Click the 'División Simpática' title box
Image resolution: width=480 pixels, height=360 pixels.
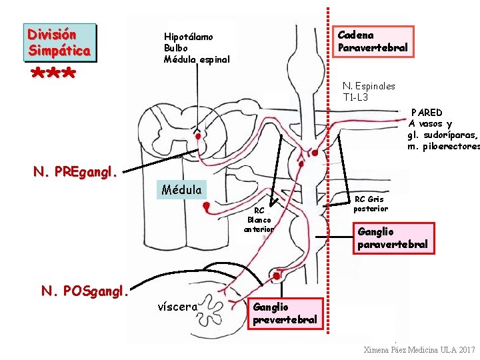pyautogui.click(x=60, y=42)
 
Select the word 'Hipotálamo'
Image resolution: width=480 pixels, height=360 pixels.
pyautogui.click(x=189, y=37)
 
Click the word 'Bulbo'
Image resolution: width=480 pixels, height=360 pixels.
pyautogui.click(x=176, y=48)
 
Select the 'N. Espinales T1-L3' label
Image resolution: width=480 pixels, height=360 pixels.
pyautogui.click(x=368, y=91)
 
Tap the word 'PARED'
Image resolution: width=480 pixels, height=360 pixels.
pyautogui.click(x=426, y=113)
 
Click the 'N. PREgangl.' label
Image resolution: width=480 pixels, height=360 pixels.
pyautogui.click(x=75, y=173)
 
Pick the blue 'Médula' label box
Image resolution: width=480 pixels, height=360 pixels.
pyautogui.click(x=181, y=190)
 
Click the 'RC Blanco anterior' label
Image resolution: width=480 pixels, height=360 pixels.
pyautogui.click(x=259, y=220)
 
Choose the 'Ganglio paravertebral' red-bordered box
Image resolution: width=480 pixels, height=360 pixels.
pyautogui.click(x=392, y=238)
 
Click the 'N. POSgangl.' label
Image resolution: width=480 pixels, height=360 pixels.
pyautogui.click(x=85, y=291)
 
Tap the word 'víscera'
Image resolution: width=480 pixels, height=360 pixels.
pyautogui.click(x=177, y=307)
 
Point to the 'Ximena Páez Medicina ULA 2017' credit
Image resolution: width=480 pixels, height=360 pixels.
pyautogui.click(x=419, y=350)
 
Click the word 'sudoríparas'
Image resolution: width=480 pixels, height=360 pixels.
pyautogui.click(x=445, y=135)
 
